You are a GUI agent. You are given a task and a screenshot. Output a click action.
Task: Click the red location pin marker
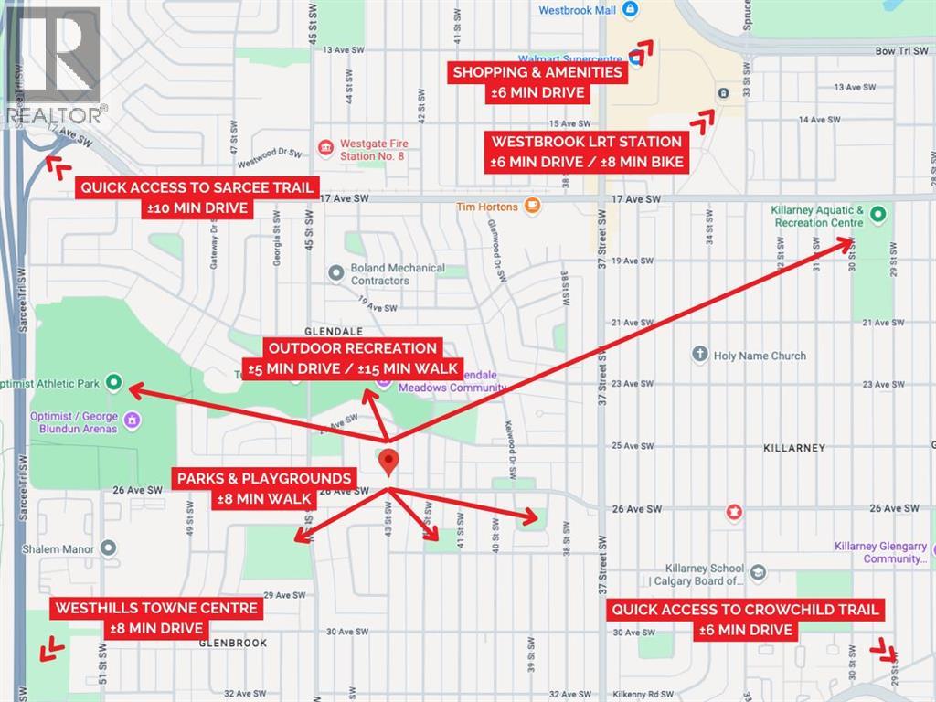pyautogui.click(x=388, y=462)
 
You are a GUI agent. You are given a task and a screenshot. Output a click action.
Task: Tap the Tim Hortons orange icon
pyautogui.click(x=533, y=207)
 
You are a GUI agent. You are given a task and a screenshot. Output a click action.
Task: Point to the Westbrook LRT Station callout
pyautogui.click(x=586, y=152)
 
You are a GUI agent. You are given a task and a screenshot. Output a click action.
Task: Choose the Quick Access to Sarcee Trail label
pyautogui.click(x=197, y=197)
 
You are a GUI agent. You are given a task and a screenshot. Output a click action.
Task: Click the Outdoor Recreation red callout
pyautogui.click(x=353, y=358)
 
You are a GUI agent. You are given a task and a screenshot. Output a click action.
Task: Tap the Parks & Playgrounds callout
pyautogui.click(x=265, y=489)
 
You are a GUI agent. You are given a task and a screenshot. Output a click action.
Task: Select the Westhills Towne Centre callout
pyautogui.click(x=157, y=618)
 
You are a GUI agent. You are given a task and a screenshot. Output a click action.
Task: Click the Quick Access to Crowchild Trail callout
pyautogui.click(x=746, y=619)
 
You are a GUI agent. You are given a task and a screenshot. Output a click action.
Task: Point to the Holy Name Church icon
pyautogui.click(x=700, y=355)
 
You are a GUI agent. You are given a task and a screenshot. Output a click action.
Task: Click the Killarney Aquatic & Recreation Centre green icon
pyautogui.click(x=877, y=216)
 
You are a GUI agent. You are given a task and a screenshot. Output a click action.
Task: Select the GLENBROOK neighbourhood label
pyautogui.click(x=233, y=643)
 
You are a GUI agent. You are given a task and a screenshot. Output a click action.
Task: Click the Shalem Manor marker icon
pyautogui.click(x=109, y=548)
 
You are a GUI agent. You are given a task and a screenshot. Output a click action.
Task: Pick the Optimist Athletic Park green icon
pyautogui.click(x=114, y=382)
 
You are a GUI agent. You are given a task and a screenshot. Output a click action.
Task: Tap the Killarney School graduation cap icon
pyautogui.click(x=759, y=572)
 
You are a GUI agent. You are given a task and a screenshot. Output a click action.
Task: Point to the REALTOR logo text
pyautogui.click(x=54, y=114)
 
